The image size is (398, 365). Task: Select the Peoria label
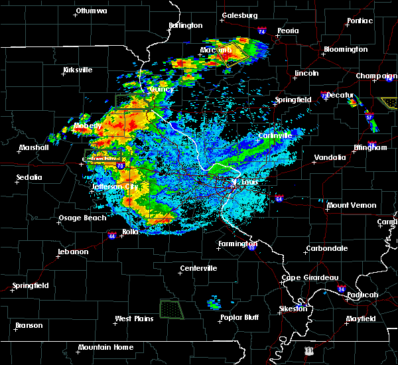coord(288,31)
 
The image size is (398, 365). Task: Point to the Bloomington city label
coord(346,50)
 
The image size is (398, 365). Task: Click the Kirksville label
coord(78,70)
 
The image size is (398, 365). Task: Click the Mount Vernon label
coord(352,206)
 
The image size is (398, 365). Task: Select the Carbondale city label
coord(326,249)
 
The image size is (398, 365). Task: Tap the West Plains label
coord(135,319)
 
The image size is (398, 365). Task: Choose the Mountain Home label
coord(105,347)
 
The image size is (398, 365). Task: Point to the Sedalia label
coord(29,177)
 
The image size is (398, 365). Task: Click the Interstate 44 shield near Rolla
coord(112,235)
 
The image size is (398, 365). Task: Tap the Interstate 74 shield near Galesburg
coord(261,31)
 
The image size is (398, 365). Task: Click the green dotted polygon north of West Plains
coord(172,309)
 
